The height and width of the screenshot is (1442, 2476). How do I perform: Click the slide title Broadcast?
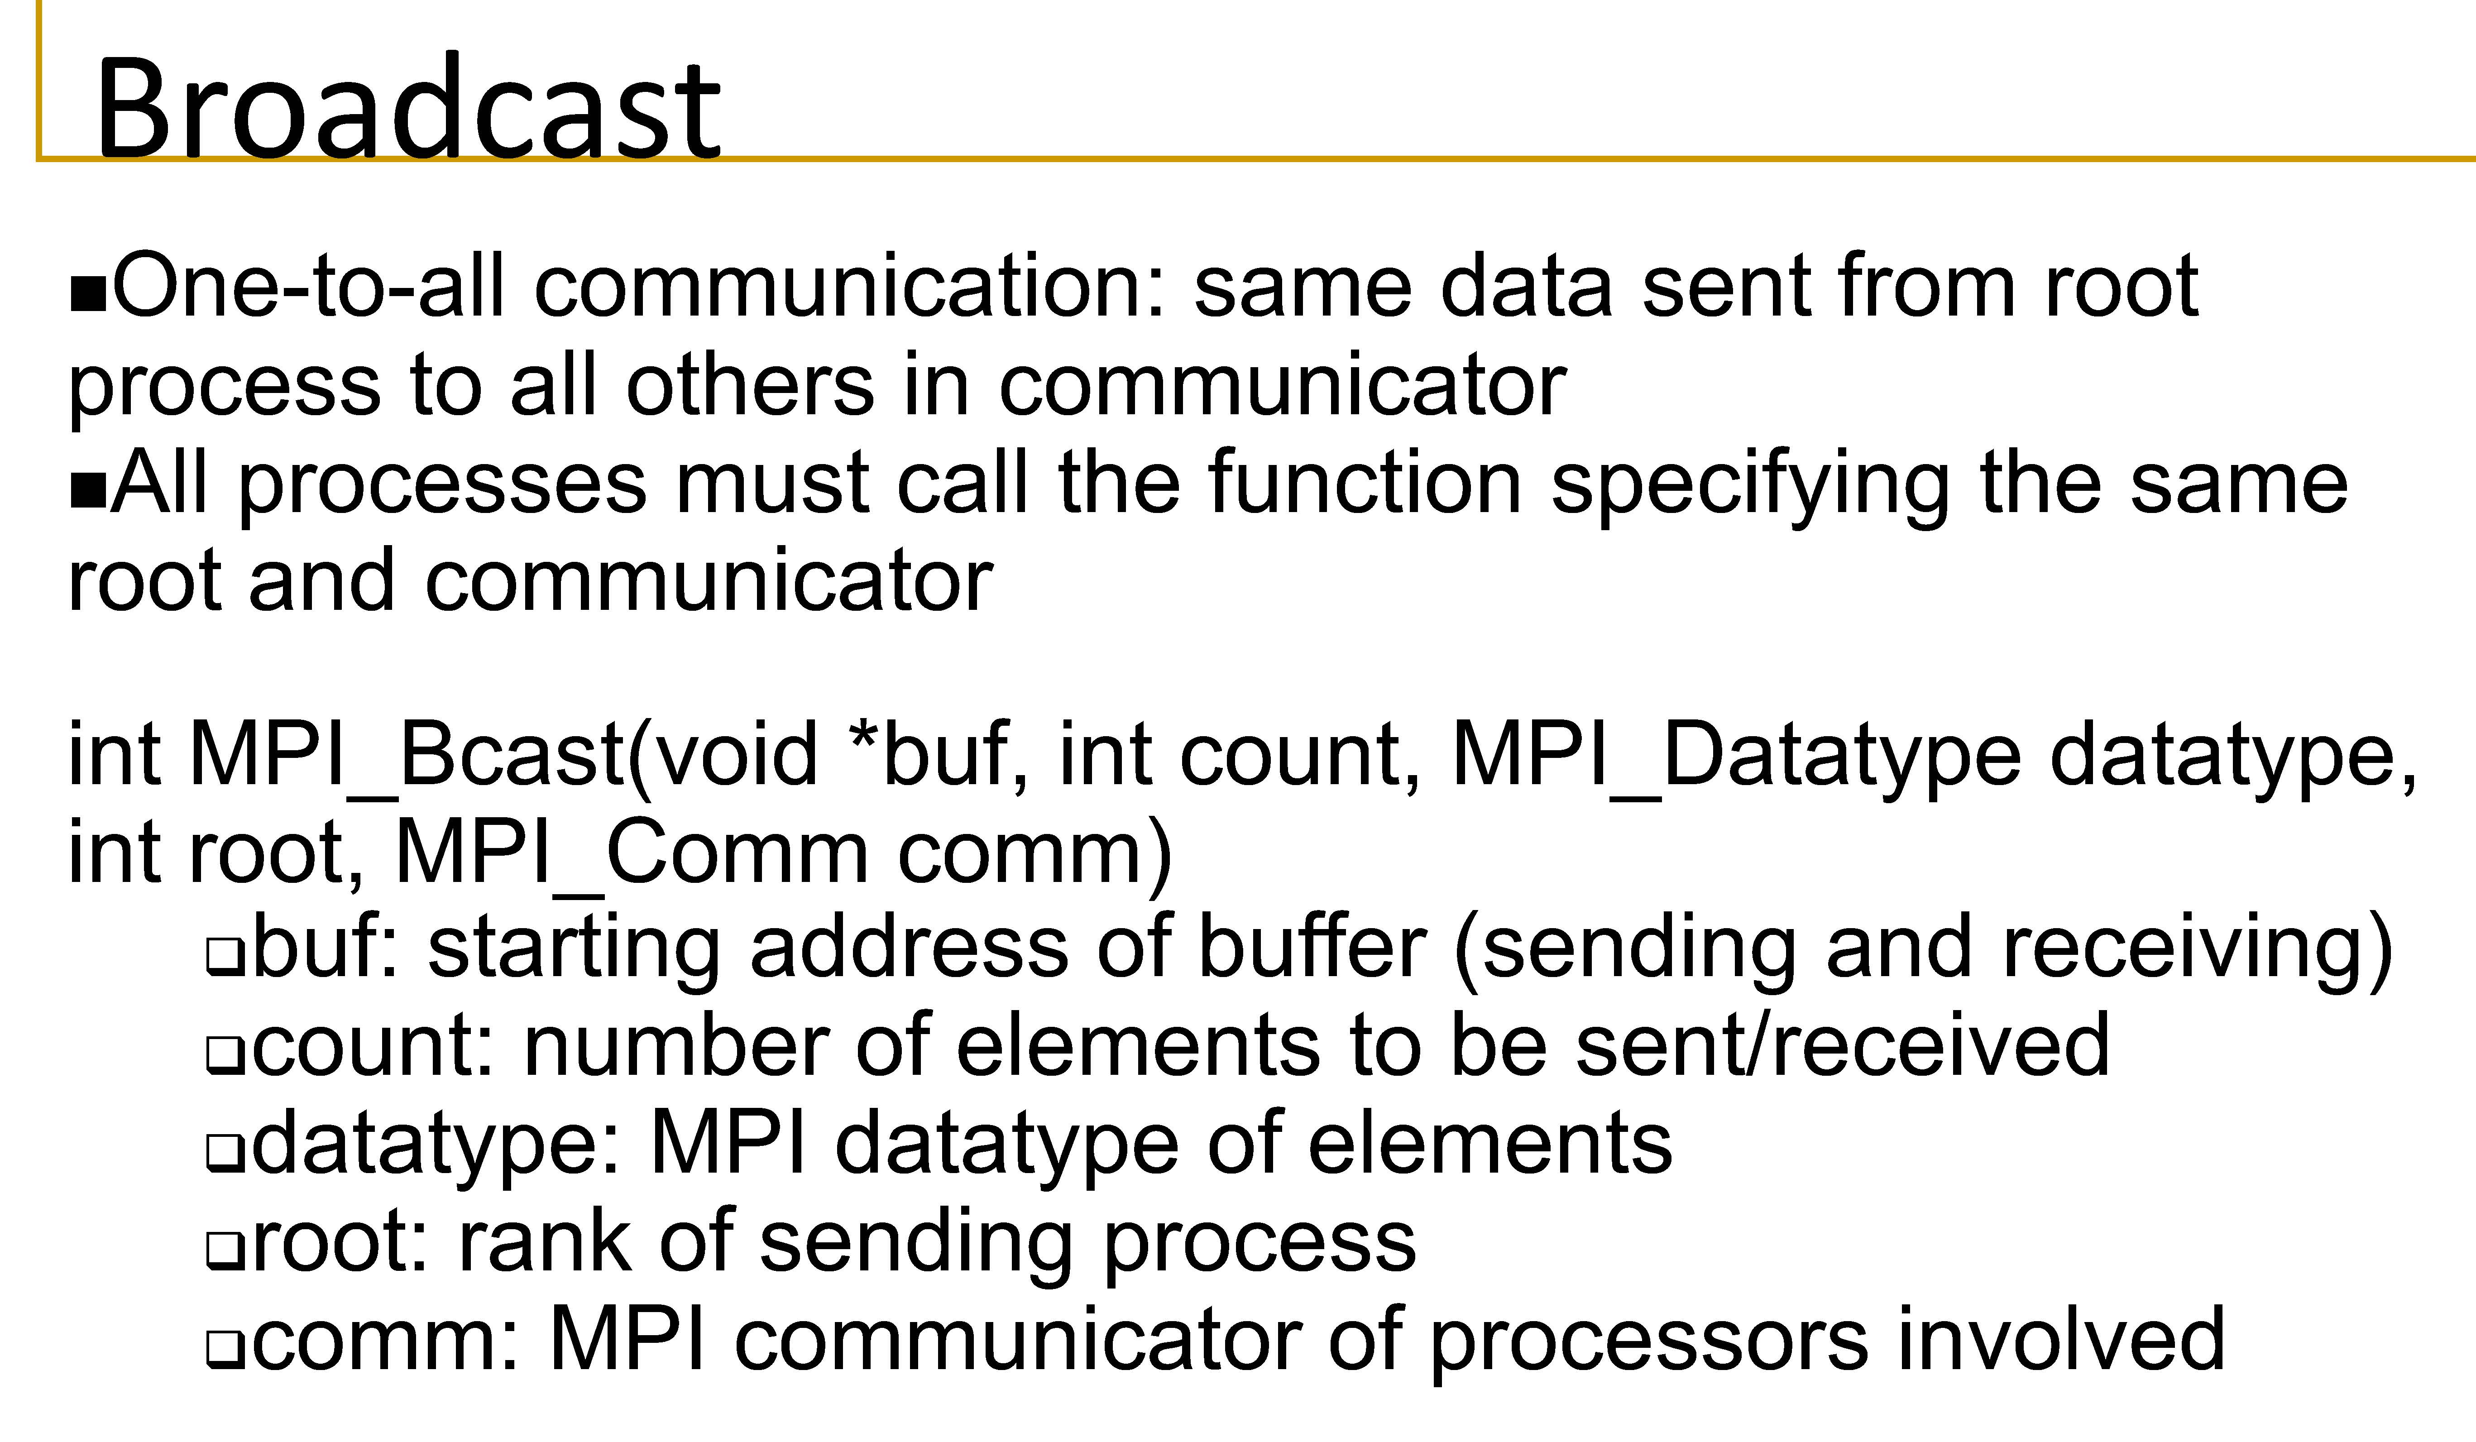pyautogui.click(x=408, y=106)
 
